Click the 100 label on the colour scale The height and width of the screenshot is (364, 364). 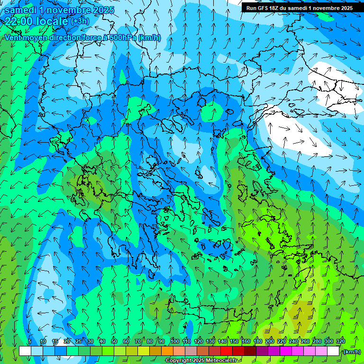174,342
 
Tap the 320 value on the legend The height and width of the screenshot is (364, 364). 340,342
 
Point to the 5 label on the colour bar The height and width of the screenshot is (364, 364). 30,342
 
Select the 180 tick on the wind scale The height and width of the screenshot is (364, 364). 257,342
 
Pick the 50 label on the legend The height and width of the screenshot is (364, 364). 114,342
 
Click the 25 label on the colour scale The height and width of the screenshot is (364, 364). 78,342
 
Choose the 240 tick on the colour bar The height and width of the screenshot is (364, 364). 293,342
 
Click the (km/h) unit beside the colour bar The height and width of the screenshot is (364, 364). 352,352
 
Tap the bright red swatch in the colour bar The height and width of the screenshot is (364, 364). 227,351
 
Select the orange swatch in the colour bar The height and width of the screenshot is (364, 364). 167,351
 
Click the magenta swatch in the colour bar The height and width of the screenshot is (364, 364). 286,351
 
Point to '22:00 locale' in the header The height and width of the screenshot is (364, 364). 36,21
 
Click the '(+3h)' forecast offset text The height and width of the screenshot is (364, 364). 79,22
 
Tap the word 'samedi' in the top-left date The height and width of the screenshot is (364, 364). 21,9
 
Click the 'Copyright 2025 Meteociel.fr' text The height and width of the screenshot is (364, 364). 201,361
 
